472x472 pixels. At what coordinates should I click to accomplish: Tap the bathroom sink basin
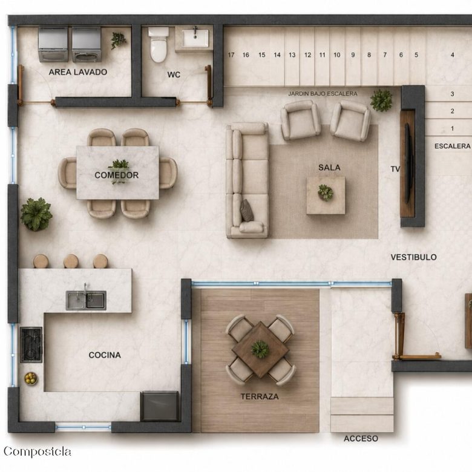point(195,39)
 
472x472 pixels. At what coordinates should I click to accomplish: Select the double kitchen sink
point(86,300)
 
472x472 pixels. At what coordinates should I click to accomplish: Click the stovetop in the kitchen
point(31,345)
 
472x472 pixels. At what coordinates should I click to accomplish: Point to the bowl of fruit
point(31,378)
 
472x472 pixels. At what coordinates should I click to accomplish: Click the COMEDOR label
point(117,175)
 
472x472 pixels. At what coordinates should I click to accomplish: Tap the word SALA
point(329,168)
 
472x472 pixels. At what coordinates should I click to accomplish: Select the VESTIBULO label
point(413,257)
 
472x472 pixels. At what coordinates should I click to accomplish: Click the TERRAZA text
point(260,396)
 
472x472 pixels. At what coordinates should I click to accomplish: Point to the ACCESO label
point(361,438)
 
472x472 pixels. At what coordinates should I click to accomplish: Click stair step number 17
point(231,55)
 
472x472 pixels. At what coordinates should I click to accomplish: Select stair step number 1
point(452,128)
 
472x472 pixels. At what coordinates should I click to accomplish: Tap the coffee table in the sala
point(326,195)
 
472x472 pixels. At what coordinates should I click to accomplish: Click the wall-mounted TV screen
point(408,163)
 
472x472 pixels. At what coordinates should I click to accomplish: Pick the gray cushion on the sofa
point(247,211)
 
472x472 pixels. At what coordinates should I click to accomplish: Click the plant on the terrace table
point(260,349)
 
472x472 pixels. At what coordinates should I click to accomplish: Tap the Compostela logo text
point(38,451)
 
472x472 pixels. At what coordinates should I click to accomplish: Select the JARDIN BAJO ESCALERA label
point(323,94)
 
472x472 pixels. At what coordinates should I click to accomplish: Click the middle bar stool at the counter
point(71,261)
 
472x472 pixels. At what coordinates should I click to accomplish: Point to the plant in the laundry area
point(118,40)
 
